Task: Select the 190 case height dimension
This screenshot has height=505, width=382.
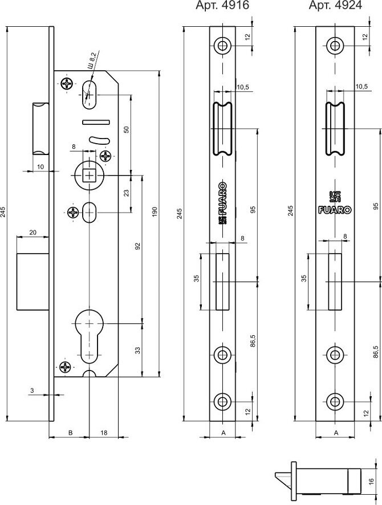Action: click(155, 212)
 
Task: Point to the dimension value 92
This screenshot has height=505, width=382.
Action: click(137, 246)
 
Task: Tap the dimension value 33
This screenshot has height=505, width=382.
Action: click(137, 351)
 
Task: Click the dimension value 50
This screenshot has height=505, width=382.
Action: click(127, 129)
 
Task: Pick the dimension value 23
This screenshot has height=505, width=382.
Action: click(127, 193)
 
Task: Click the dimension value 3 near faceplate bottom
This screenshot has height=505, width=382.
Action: click(32, 390)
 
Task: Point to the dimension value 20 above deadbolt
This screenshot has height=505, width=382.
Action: click(32, 232)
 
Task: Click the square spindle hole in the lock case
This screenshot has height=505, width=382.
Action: click(89, 174)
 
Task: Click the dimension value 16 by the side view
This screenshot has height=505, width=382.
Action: click(372, 466)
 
